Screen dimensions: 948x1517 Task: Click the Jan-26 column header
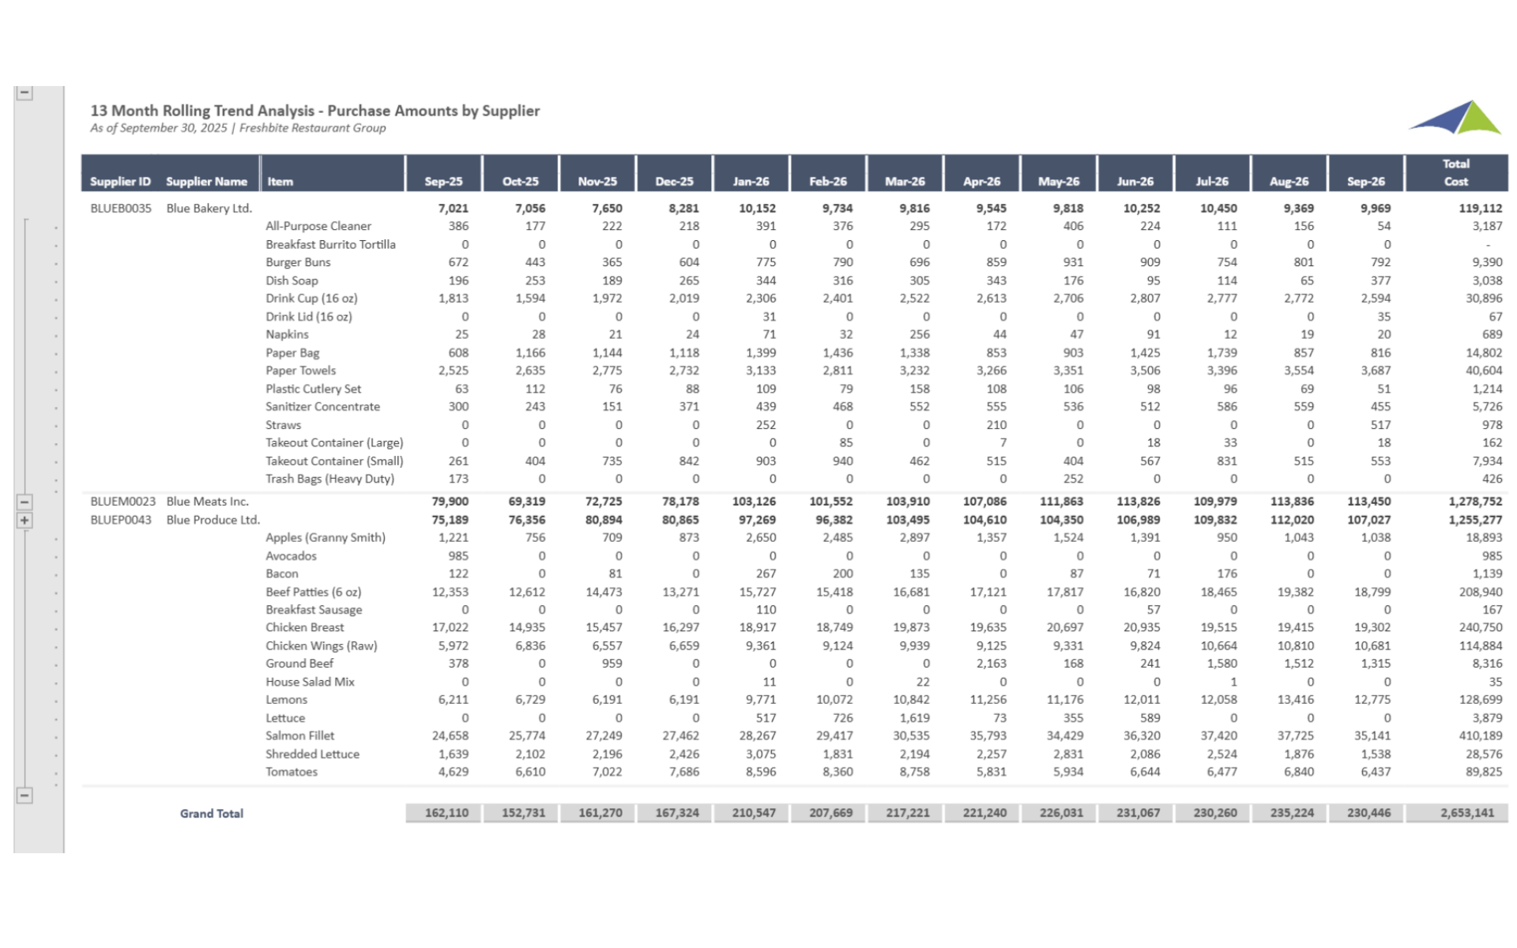[750, 181]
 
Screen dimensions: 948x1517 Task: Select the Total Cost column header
[1455, 172]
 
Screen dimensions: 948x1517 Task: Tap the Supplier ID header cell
[120, 181]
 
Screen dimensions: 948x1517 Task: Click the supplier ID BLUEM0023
[122, 502]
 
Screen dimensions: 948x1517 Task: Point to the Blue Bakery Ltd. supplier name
[209, 209]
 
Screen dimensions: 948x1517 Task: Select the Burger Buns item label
[298, 262]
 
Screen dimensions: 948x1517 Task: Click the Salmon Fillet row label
[299, 735]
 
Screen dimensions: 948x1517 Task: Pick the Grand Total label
[211, 813]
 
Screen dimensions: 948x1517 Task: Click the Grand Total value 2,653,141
[1466, 813]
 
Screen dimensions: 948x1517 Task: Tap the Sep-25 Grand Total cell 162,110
[446, 813]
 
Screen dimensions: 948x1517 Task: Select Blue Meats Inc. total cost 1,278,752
[1475, 502]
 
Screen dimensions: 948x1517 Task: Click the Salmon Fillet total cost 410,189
[1481, 735]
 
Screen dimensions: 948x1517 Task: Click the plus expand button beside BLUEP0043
[24, 521]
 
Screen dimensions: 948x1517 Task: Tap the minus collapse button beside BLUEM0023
[24, 502]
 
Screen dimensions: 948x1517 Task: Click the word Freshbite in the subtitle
[265, 128]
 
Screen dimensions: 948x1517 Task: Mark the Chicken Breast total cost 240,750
[1481, 627]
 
